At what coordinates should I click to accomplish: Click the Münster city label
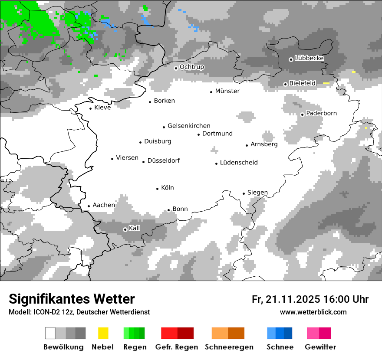click(227, 91)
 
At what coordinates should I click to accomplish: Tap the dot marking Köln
click(158, 189)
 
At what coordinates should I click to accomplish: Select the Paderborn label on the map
click(321, 113)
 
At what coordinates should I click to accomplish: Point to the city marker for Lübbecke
click(291, 59)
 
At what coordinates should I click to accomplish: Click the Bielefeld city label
click(303, 83)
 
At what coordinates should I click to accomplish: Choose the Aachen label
click(104, 205)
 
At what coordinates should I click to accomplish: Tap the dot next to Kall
click(125, 229)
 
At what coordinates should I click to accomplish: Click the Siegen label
click(257, 193)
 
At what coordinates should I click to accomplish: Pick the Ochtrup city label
click(191, 67)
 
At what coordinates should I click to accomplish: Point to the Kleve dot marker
click(91, 108)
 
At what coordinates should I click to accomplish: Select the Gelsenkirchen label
click(189, 126)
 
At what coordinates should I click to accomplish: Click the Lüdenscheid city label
click(239, 163)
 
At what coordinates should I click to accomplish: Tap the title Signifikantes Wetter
click(72, 299)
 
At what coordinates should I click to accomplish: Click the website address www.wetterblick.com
click(313, 312)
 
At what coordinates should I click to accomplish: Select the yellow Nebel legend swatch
click(103, 333)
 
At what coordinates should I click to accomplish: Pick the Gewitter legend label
click(320, 347)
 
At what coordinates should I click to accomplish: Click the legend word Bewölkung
click(63, 347)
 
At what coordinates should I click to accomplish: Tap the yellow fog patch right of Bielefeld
click(326, 83)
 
